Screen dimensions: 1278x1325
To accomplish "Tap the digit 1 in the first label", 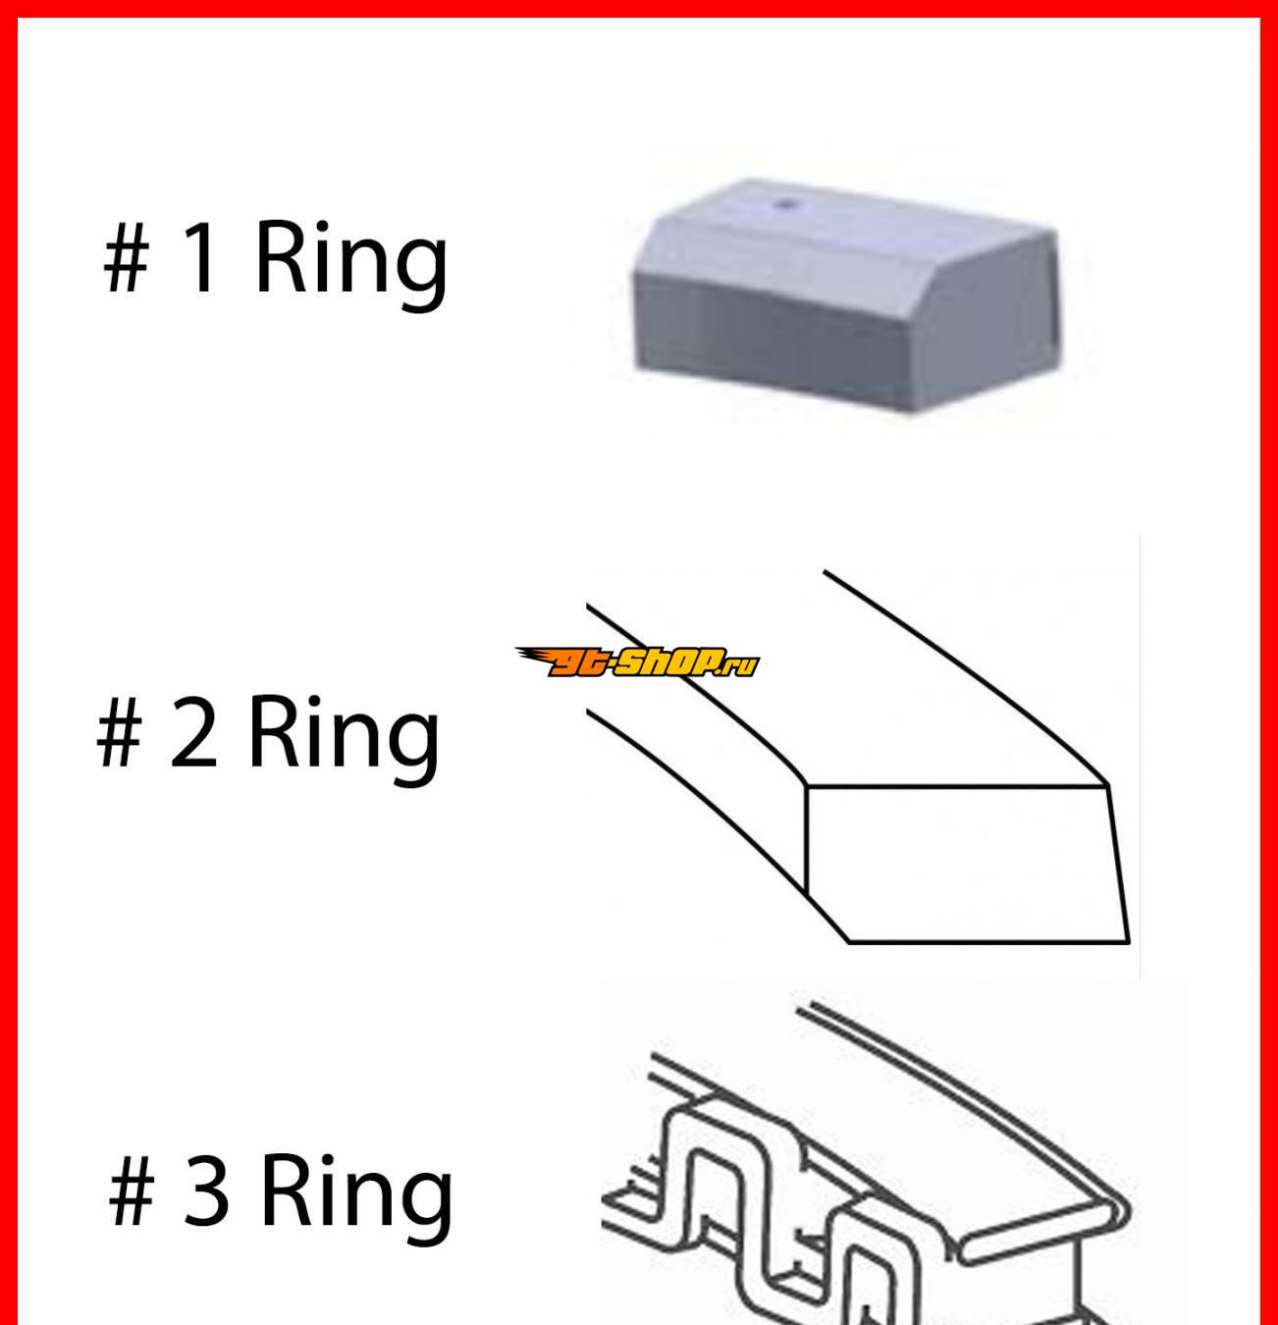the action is (x=200, y=257).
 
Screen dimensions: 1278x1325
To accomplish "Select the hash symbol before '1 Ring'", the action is (x=126, y=258).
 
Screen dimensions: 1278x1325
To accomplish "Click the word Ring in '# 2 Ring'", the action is (x=345, y=741).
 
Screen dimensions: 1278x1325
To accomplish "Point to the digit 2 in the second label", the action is (x=193, y=732).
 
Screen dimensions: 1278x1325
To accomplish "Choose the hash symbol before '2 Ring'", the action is (x=120, y=733).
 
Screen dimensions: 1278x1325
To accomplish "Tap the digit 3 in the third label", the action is (x=206, y=1192).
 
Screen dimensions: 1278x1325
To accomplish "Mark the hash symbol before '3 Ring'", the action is (x=132, y=1192).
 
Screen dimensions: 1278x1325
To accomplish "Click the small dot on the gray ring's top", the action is (x=787, y=203).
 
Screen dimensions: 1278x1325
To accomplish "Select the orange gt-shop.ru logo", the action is (x=637, y=662).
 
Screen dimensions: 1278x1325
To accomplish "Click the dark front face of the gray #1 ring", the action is (x=770, y=337).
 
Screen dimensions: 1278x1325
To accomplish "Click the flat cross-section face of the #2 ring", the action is (x=967, y=864).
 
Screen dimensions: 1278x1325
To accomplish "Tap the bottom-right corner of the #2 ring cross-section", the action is (x=1128, y=942).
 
